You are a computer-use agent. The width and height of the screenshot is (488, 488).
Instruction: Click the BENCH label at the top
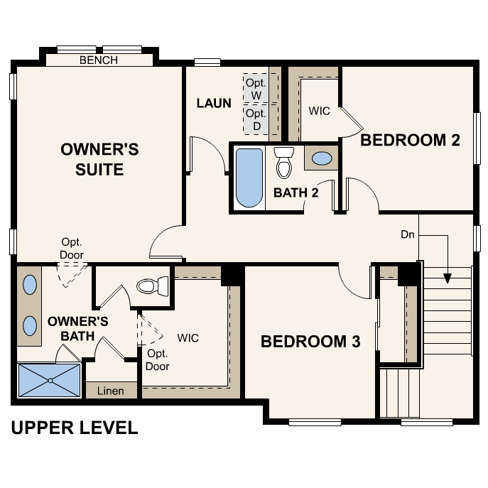coord(99,60)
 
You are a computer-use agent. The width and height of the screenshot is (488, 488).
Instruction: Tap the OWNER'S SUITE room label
coord(99,159)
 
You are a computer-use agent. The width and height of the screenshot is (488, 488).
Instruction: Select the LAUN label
coord(214,103)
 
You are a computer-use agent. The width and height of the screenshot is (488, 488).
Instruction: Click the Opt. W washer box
coord(256,89)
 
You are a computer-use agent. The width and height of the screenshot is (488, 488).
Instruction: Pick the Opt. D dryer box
coord(256,119)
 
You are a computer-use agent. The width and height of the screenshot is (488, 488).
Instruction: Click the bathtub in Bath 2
coord(249,177)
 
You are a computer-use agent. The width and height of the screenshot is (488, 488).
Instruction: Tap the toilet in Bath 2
coord(284,163)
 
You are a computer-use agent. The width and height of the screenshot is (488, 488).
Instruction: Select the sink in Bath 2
coord(322,158)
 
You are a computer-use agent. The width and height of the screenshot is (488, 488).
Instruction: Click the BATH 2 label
coord(295,193)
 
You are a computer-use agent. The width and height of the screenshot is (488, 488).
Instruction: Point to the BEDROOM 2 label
coord(410,140)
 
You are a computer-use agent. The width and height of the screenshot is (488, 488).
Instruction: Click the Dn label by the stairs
coord(408,234)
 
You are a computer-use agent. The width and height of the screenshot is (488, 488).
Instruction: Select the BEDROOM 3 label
coord(310,342)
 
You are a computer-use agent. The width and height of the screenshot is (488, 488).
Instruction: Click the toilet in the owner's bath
coord(151,286)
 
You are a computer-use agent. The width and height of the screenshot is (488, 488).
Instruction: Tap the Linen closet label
coord(110,391)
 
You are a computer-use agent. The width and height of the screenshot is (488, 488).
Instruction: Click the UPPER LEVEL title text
coord(74,428)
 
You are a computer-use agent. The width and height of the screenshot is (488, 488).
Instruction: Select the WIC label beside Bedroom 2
coord(319,111)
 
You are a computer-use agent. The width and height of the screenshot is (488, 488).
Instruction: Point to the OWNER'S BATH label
coord(77,327)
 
